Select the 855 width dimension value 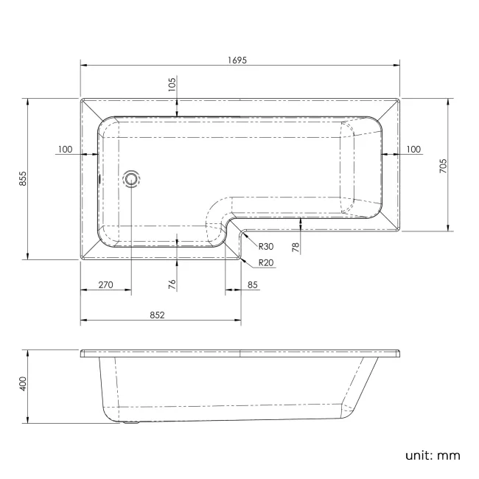23,178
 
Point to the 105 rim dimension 172,83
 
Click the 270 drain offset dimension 105,285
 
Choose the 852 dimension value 157,315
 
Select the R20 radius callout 266,263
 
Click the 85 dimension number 252,285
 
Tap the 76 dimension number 172,285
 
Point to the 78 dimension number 296,247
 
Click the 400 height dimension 23,384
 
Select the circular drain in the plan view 132,178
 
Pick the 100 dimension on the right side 413,150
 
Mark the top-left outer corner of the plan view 80,98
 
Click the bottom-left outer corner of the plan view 80,259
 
